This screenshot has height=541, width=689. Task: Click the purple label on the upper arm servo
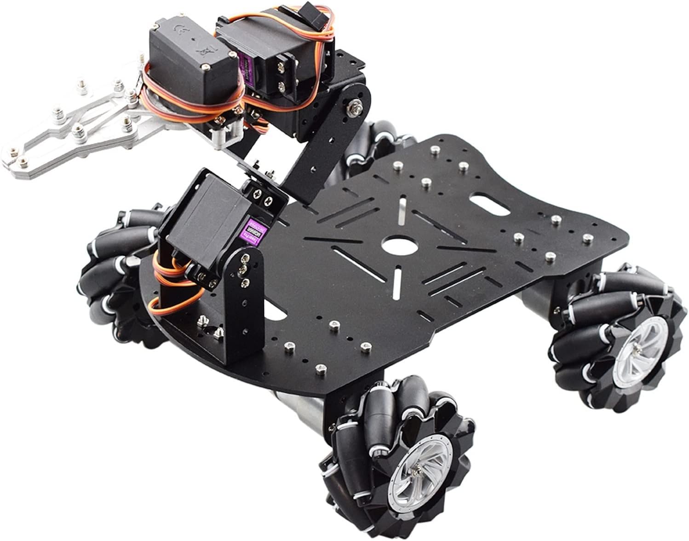pos(247,69)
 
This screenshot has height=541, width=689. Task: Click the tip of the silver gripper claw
pos(14,159)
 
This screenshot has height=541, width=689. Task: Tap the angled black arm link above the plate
pos(317,161)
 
